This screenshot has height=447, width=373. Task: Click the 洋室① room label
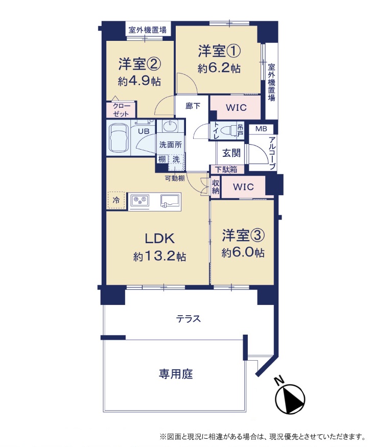[219, 51]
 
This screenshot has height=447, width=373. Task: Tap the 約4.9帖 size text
[139, 82]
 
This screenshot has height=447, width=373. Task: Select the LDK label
[160, 239]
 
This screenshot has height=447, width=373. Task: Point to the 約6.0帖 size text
[243, 253]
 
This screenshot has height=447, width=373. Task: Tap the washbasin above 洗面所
[170, 126]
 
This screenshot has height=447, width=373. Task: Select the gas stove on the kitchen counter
[139, 200]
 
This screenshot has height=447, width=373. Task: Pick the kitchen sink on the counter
[171, 200]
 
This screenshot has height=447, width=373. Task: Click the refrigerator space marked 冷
[116, 200]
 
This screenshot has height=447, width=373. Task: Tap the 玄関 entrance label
[231, 153]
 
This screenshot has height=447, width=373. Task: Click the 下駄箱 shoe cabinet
[227, 169]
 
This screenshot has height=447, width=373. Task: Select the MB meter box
[261, 129]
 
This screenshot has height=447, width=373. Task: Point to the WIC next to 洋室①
[236, 107]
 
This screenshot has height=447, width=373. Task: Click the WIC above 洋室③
[243, 187]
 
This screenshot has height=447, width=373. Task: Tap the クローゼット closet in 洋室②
[121, 110]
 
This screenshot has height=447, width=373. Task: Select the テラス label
[189, 319]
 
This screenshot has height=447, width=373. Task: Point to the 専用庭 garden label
[176, 374]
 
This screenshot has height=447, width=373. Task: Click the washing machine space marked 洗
[176, 159]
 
